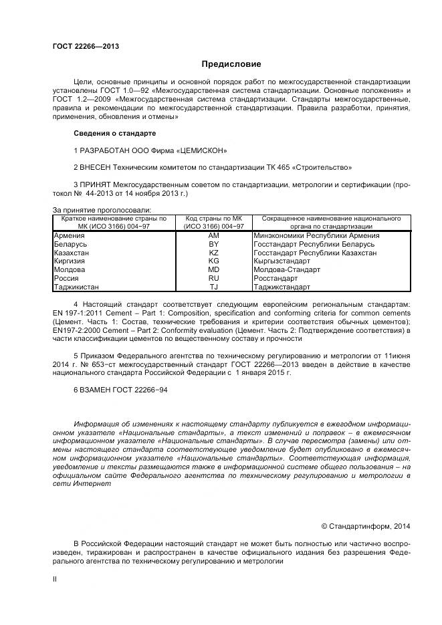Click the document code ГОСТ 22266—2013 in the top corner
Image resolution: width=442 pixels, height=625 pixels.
coord(86,46)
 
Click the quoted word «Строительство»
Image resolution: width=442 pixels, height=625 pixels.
coord(325,167)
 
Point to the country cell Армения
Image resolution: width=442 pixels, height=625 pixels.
coord(69,235)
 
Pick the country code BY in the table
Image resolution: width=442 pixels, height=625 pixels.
coord(213,244)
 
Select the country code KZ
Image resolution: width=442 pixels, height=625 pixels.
coord(213,253)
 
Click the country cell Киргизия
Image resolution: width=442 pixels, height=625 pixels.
coord(70,261)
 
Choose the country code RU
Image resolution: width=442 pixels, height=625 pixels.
coord(213,278)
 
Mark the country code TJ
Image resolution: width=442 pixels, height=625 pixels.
coord(213,287)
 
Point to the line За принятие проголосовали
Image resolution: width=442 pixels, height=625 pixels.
coord(92,210)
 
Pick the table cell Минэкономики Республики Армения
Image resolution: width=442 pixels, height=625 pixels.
coord(316,235)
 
